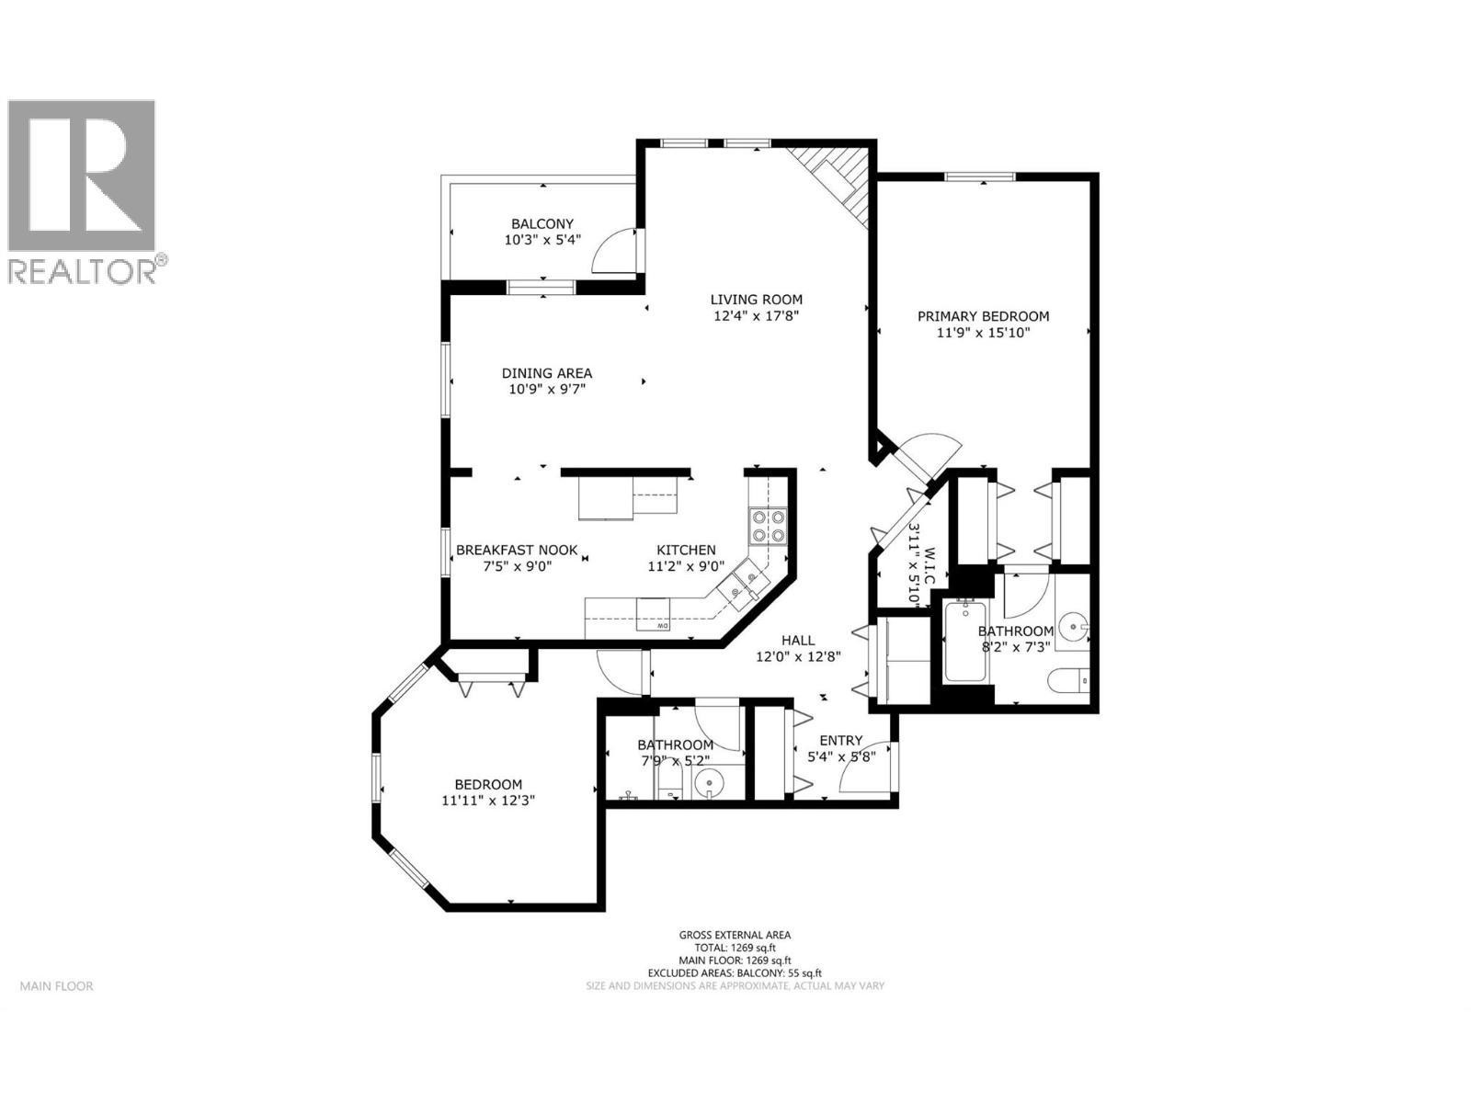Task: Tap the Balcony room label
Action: (x=542, y=223)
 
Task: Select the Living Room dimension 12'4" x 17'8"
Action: (x=756, y=315)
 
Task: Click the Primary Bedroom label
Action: (x=983, y=316)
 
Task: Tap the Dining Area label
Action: (x=547, y=373)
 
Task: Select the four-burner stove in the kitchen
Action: (x=769, y=525)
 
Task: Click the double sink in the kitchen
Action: (x=743, y=585)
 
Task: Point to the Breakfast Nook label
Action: (x=517, y=550)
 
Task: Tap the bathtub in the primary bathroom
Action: (x=964, y=642)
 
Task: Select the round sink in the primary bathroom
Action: (x=1071, y=629)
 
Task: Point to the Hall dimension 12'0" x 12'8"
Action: (x=798, y=656)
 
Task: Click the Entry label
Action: (x=840, y=741)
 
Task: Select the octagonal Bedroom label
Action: (x=488, y=784)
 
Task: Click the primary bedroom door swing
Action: (x=929, y=456)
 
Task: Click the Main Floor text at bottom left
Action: (x=56, y=986)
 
